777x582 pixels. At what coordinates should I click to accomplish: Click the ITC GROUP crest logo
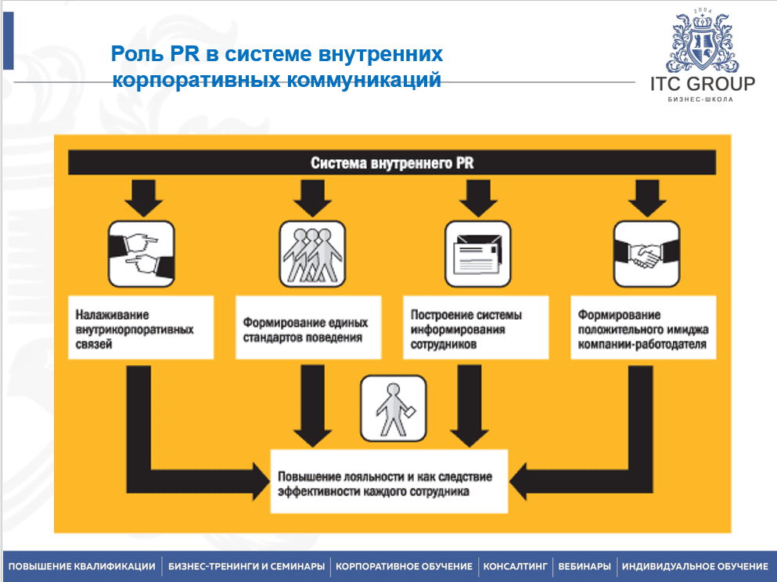(702, 42)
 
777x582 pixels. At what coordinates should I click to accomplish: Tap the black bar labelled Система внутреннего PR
(391, 163)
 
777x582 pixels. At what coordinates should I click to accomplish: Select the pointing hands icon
(142, 253)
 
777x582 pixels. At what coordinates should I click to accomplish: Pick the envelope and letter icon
(477, 253)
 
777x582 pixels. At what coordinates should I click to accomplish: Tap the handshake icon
(645, 253)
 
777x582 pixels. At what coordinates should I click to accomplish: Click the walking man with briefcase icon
(393, 408)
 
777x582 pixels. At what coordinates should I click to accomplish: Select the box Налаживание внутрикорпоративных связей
(141, 327)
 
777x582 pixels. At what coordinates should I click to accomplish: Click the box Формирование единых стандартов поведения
(309, 327)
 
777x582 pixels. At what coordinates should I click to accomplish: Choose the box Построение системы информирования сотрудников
(477, 327)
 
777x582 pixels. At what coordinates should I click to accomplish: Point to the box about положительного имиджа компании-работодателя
(643, 327)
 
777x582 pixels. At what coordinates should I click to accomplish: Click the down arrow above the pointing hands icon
(142, 198)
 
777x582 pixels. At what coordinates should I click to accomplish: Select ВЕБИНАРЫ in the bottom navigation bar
(585, 566)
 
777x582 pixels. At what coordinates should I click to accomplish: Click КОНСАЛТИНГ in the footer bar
(516, 566)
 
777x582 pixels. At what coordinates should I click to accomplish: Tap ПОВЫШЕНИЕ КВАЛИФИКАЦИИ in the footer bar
(82, 566)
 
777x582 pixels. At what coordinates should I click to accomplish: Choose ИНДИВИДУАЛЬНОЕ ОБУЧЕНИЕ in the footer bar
(695, 566)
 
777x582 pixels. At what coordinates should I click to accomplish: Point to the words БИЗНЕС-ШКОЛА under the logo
(701, 100)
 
